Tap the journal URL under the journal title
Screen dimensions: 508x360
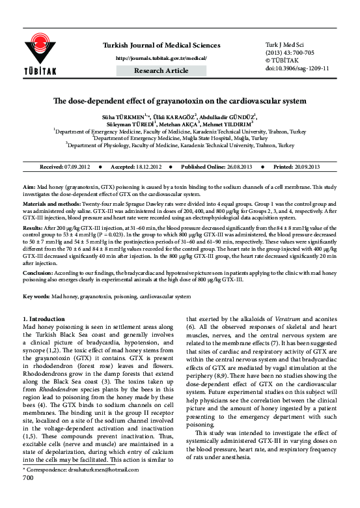click(161, 57)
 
